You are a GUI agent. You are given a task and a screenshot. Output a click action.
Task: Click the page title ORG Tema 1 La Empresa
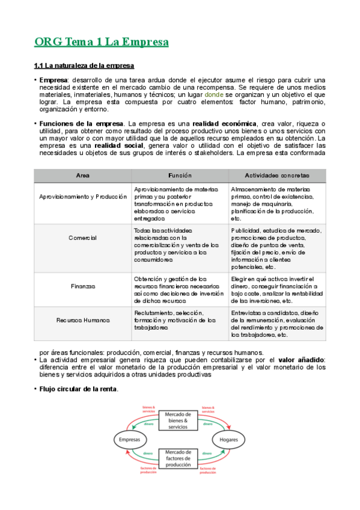(x=101, y=42)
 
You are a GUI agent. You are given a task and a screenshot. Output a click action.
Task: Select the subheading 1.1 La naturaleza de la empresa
(x=84, y=65)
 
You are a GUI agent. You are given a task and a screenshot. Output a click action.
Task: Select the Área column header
(x=83, y=175)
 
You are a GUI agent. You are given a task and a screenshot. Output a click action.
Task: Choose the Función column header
(x=180, y=175)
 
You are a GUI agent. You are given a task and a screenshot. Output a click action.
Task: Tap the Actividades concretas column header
(x=277, y=175)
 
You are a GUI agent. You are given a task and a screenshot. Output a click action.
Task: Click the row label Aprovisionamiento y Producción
(x=83, y=197)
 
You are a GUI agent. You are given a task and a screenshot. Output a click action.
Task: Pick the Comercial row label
(x=83, y=238)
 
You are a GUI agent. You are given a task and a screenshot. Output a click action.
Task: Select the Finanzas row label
(x=83, y=286)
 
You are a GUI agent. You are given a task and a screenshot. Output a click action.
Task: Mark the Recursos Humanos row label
(x=83, y=321)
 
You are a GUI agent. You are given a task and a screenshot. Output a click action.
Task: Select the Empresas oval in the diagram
(x=130, y=440)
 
